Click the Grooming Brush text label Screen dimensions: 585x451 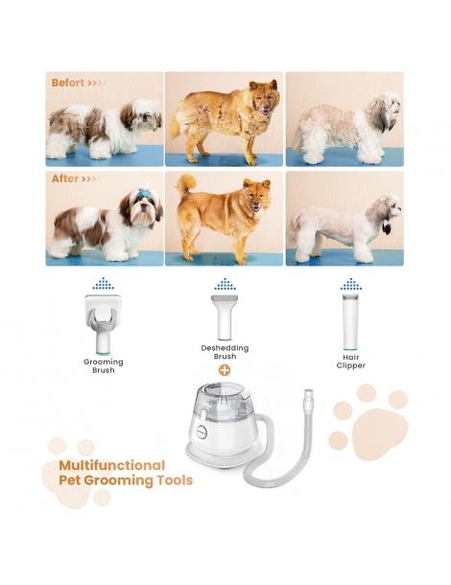click(x=103, y=365)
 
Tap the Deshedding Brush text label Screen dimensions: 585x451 click(x=225, y=351)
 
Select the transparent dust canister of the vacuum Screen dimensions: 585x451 click(x=224, y=409)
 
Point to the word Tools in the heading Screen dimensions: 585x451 click(x=173, y=480)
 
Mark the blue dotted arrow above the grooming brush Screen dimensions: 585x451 click(x=104, y=284)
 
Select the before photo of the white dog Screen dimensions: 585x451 click(x=344, y=119)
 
